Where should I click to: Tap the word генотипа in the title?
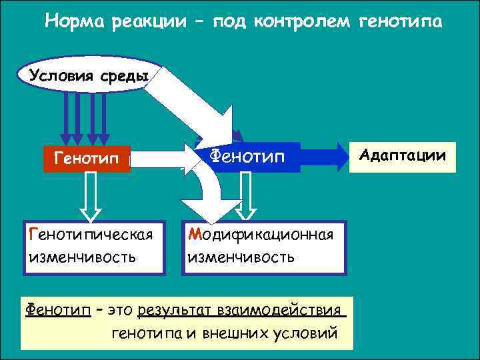tap(400, 22)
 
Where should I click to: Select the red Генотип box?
tap(86, 160)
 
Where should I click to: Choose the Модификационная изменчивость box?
tap(265, 246)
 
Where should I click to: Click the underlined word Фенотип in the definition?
tap(57, 310)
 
